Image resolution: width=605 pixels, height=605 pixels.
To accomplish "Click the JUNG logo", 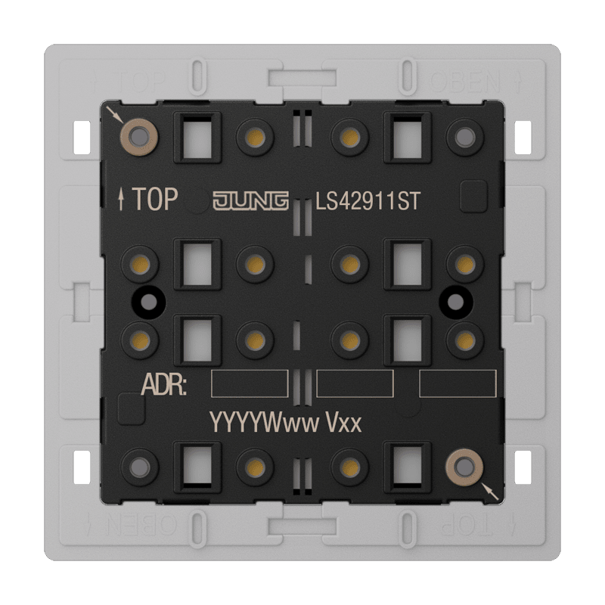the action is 251,200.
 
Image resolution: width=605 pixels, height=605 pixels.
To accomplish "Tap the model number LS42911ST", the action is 368,201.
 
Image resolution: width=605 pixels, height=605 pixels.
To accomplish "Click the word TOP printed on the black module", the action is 155,199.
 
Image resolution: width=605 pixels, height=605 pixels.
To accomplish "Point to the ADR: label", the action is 164,384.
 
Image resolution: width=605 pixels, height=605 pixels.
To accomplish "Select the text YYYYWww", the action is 264,423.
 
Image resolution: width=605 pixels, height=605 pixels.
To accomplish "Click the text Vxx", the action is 344,423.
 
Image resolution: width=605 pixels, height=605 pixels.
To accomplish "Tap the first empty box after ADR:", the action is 250,383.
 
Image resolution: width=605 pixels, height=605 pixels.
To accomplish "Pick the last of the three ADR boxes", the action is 458,383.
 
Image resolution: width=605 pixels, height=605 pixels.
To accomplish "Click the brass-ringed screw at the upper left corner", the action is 139,137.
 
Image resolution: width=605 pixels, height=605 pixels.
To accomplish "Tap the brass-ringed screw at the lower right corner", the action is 464,467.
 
